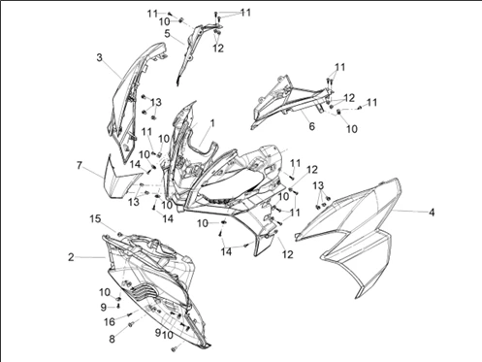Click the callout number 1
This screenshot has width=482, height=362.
pyautogui.click(x=212, y=123)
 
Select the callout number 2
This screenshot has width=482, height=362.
pyautogui.click(x=71, y=257)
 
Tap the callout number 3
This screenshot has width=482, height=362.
pyautogui.click(x=99, y=57)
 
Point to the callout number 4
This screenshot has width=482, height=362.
pyautogui.click(x=432, y=213)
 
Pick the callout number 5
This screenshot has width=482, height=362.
pyautogui.click(x=167, y=34)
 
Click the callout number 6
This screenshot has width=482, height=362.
pyautogui.click(x=311, y=126)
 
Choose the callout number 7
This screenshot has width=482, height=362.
pyautogui.click(x=80, y=165)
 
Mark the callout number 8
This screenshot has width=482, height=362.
pyautogui.click(x=112, y=339)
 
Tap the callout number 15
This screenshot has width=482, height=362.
pyautogui.click(x=95, y=219)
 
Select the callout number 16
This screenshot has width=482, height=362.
pyautogui.click(x=110, y=321)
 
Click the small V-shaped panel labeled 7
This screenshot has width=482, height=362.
pyautogui.click(x=121, y=178)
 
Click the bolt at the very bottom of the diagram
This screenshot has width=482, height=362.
pyautogui.click(x=174, y=348)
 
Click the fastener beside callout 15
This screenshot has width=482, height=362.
pyautogui.click(x=119, y=234)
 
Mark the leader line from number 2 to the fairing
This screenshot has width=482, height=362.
pyautogui.click(x=91, y=257)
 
